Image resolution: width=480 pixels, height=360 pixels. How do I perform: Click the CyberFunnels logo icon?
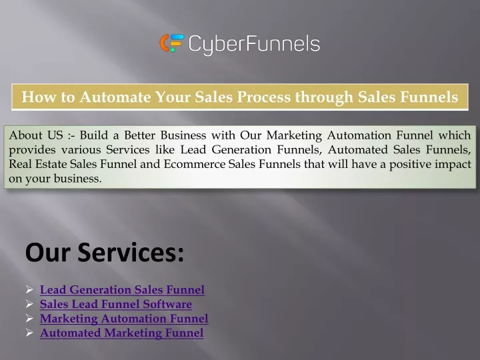(172, 43)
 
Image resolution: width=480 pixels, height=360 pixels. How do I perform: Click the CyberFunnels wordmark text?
(254, 45)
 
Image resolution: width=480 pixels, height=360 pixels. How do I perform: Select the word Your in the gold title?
(173, 97)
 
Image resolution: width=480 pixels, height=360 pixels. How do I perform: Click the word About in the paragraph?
(25, 135)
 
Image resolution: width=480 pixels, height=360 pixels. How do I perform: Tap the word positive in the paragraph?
(410, 165)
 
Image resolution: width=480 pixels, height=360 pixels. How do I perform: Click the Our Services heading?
(105, 252)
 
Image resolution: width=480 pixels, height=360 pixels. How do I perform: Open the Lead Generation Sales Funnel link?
(122, 289)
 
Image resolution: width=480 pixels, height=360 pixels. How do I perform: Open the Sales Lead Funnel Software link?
(116, 304)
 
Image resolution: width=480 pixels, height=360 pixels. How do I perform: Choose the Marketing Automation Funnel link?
(124, 319)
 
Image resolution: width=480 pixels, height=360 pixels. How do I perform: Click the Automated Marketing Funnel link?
(121, 333)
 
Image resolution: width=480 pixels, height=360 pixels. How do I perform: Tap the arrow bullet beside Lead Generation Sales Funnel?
(29, 289)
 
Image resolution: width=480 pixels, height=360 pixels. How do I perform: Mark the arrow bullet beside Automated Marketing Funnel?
(29, 333)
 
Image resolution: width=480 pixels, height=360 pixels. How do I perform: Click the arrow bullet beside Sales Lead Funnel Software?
(29, 304)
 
